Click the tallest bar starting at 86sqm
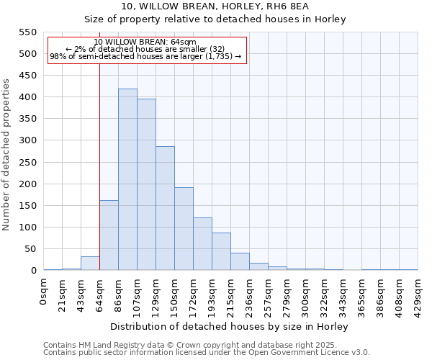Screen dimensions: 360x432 pyautogui.click(x=127, y=179)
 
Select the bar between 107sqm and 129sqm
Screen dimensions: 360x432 pyautogui.click(x=146, y=184)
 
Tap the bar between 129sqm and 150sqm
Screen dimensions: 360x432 pyautogui.click(x=165, y=208)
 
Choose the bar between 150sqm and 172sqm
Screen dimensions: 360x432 pyautogui.click(x=184, y=228)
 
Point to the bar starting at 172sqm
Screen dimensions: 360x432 pyautogui.click(x=202, y=243)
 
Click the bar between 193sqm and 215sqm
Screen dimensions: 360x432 pyautogui.click(x=221, y=251)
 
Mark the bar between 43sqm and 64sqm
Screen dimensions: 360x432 pyautogui.click(x=90, y=263)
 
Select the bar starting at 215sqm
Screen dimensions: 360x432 pyautogui.click(x=240, y=261)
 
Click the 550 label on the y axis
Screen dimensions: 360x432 pyautogui.click(x=27, y=32)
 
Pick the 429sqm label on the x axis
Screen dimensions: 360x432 pyautogui.click(x=418, y=292)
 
